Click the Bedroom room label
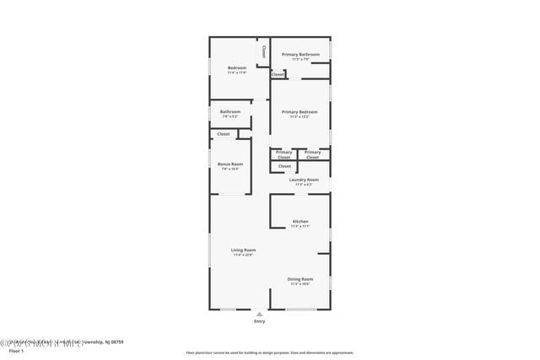[x=236, y=67]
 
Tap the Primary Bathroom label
[x=300, y=55]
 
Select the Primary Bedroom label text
[x=300, y=112]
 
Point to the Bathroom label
[x=230, y=112]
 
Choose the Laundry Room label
[x=304, y=180]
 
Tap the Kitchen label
[x=300, y=222]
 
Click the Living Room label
[x=244, y=250]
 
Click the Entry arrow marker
[x=259, y=314]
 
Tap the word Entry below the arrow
[x=259, y=321]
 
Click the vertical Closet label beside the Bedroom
[x=264, y=52]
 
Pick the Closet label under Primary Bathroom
[x=278, y=74]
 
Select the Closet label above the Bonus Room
[x=224, y=134]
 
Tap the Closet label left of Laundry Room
[x=284, y=166]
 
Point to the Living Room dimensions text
[x=244, y=255]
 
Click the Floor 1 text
[x=17, y=350]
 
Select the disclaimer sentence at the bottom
[x=270, y=352]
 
